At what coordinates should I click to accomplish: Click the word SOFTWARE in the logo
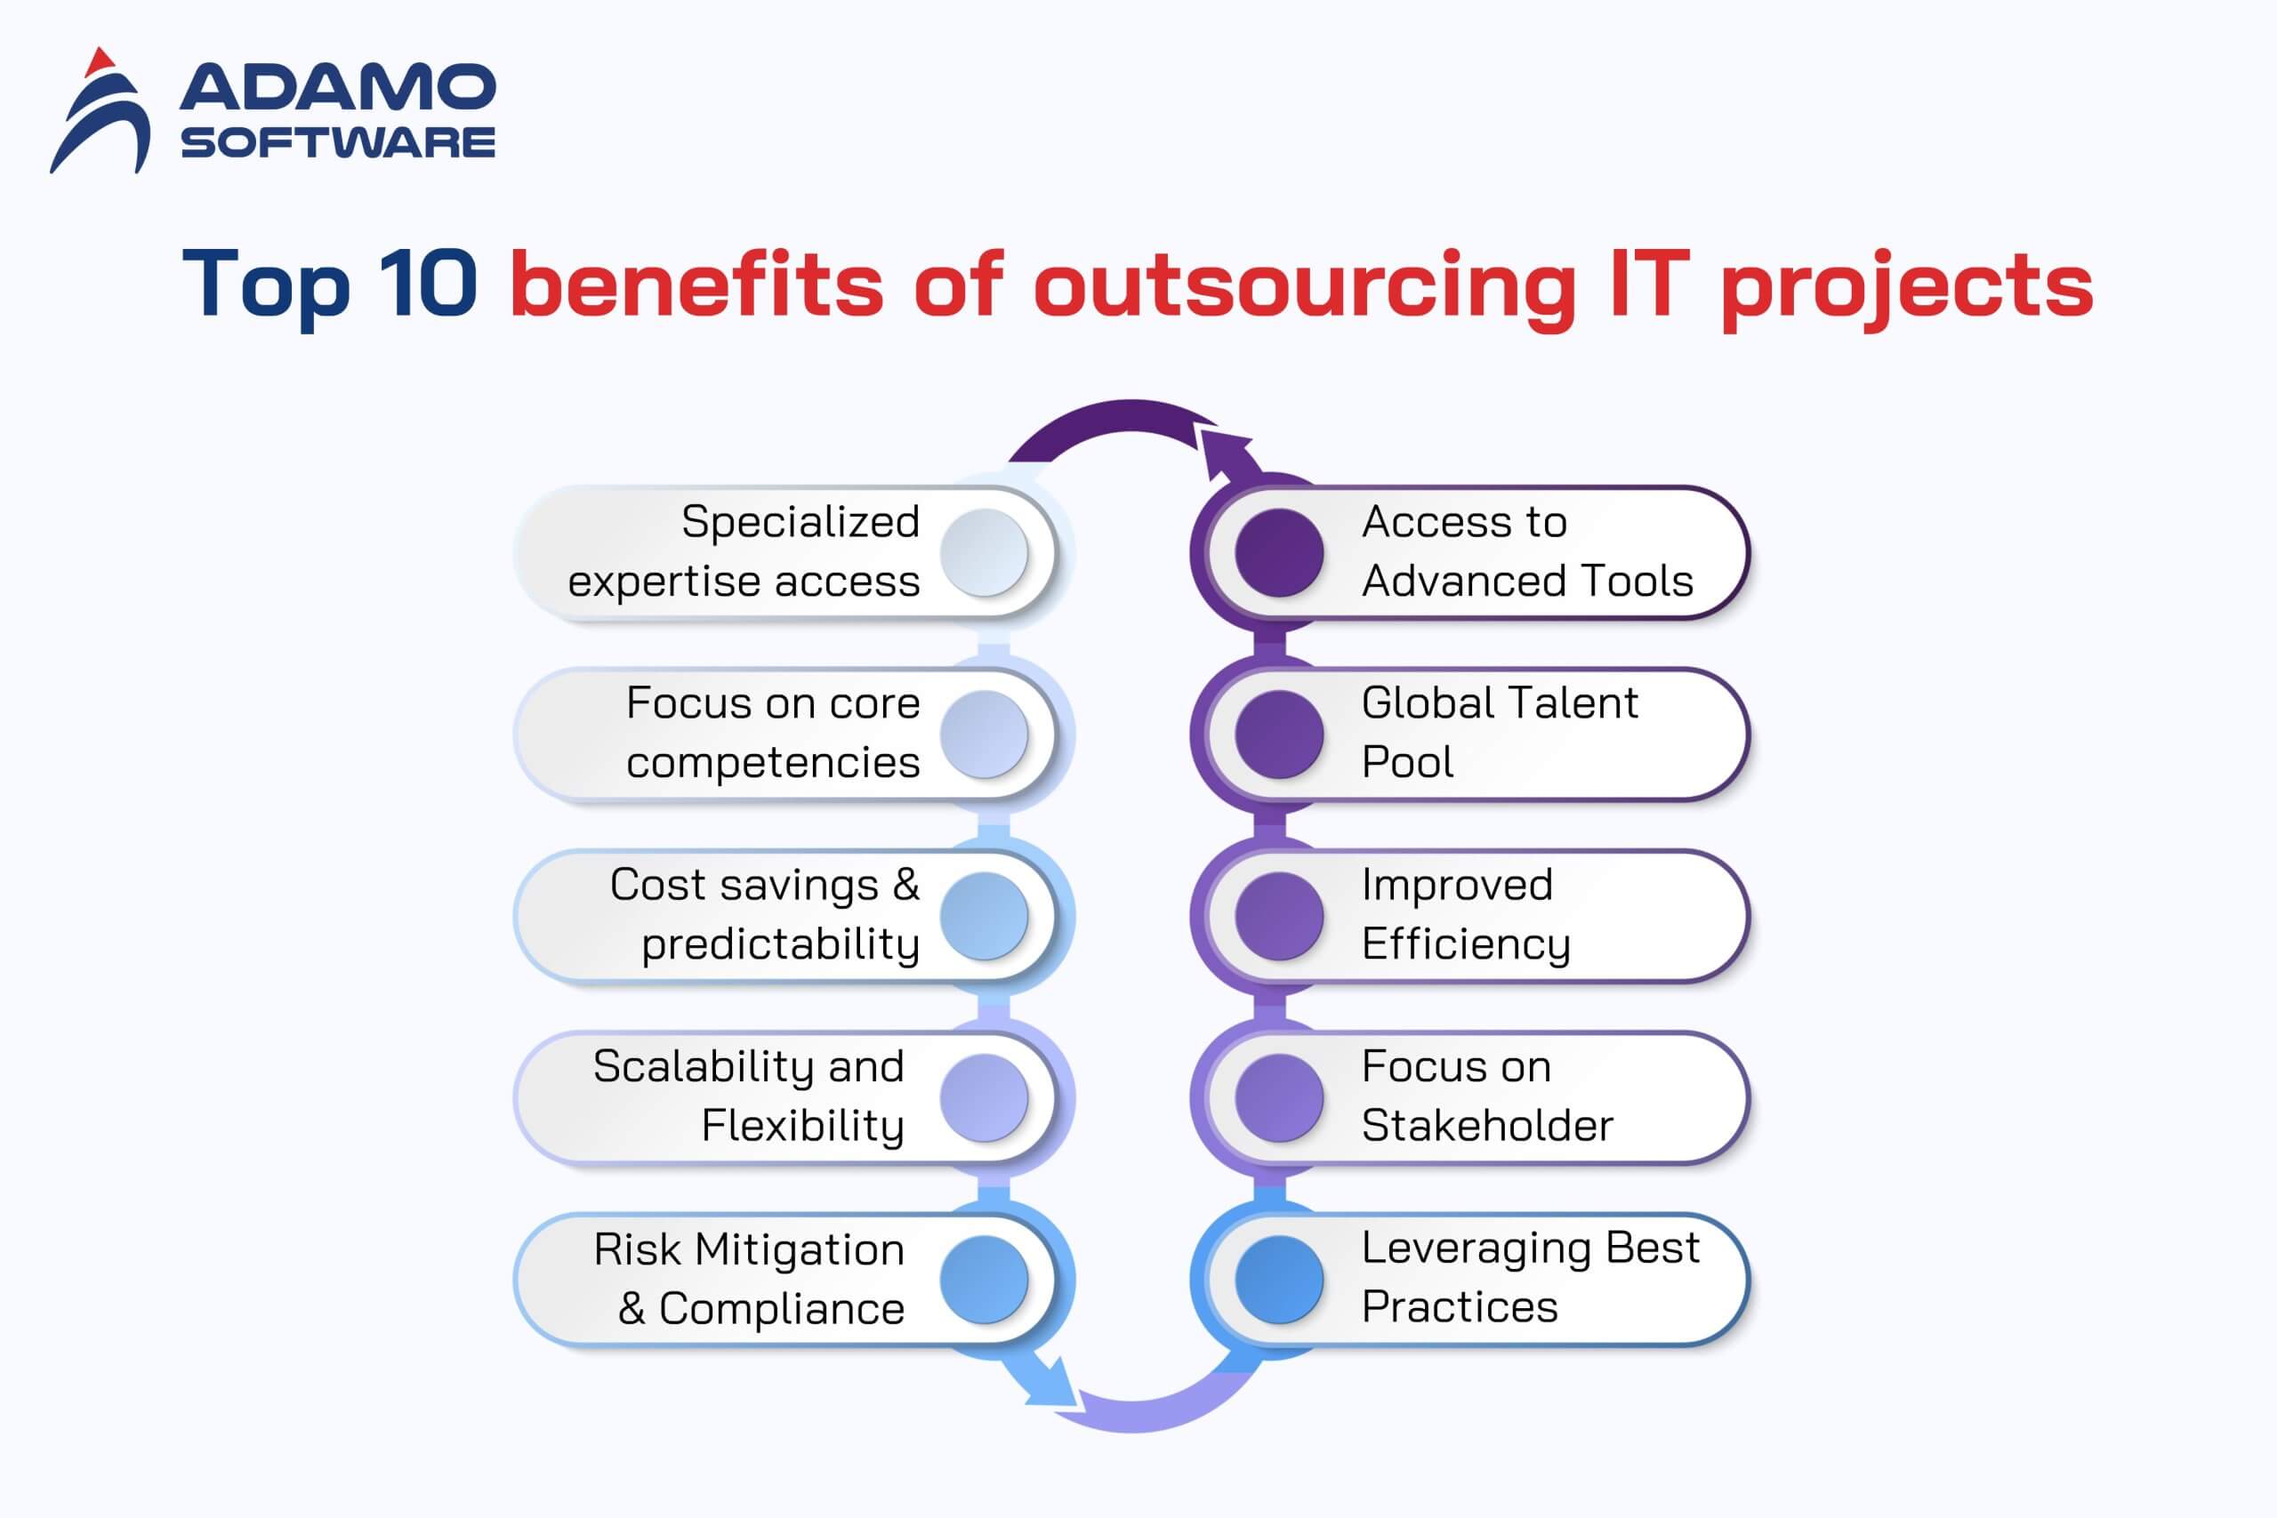pos(338,142)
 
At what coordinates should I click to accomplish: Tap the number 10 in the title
pos(428,283)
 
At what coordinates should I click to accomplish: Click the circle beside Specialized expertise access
pos(984,553)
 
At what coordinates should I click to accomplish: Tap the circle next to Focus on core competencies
pos(984,735)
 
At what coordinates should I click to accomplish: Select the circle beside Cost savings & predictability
pos(984,916)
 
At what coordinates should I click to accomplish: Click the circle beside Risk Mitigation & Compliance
pos(984,1280)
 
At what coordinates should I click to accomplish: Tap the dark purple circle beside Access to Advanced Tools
pos(1279,553)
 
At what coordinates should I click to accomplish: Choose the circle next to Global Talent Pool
pos(1279,735)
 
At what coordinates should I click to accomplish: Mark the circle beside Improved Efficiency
pos(1279,916)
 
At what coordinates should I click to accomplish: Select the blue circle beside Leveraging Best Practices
pos(1279,1280)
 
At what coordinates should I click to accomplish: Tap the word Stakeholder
pos(1487,1126)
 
